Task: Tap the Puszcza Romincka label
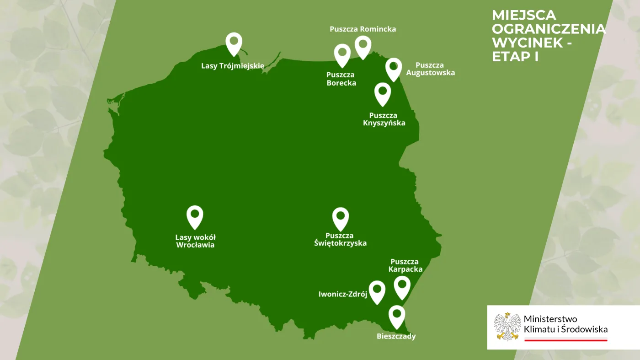[363, 29]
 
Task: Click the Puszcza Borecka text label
[341, 79]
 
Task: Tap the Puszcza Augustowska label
[430, 69]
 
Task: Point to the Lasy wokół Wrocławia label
[195, 241]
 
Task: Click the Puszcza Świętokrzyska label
[340, 239]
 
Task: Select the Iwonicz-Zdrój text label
[343, 295]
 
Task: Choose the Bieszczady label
[396, 337]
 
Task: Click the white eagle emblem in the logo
[507, 327]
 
